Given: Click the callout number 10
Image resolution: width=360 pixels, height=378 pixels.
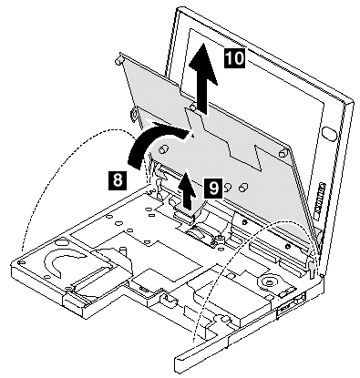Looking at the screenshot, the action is point(234,57).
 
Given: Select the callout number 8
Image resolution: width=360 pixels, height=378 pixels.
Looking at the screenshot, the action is point(118,180).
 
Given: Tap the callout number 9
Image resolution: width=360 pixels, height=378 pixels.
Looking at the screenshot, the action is point(213,188).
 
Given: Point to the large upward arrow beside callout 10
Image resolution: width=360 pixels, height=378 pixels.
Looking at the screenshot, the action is point(203,78).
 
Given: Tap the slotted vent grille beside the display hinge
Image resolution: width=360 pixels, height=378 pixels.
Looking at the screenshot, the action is point(320,200).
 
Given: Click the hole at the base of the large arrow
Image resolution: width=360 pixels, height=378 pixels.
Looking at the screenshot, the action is point(192,107).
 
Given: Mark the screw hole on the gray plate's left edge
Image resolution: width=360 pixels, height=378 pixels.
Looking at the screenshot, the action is point(134,115).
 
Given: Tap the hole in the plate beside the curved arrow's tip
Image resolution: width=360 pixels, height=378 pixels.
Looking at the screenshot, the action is point(164,148).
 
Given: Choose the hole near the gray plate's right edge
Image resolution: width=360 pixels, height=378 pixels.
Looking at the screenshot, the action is point(283,154).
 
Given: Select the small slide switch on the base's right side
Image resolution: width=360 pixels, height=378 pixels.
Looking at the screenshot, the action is point(300,300).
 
